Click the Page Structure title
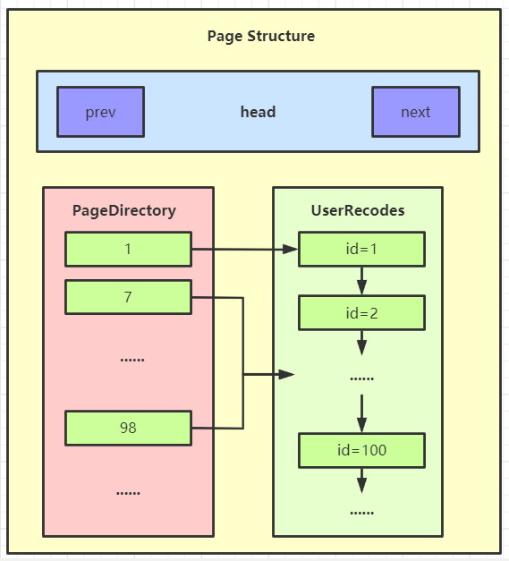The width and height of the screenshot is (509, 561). click(x=261, y=36)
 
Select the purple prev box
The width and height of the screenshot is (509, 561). click(x=100, y=112)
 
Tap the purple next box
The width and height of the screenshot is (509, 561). click(x=416, y=112)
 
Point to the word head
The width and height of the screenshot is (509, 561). click(x=258, y=112)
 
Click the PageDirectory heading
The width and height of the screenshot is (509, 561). click(x=124, y=211)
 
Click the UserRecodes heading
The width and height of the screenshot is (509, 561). click(x=358, y=210)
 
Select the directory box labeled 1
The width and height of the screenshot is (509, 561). click(x=128, y=249)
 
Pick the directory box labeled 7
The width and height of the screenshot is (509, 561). click(x=128, y=297)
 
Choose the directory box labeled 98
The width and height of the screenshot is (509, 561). click(x=128, y=428)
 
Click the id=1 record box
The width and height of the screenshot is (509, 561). click(x=361, y=249)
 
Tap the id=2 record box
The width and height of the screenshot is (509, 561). click(x=361, y=312)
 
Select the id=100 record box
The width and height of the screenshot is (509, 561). click(x=361, y=450)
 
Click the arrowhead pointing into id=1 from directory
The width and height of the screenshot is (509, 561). click(x=290, y=249)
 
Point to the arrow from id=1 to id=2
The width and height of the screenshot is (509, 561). click(x=361, y=281)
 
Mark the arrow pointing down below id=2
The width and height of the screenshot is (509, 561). click(x=361, y=343)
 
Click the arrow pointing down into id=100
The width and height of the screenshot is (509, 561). click(x=361, y=413)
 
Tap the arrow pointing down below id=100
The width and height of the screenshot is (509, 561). click(x=361, y=480)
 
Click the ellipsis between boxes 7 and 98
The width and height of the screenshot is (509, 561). click(x=132, y=360)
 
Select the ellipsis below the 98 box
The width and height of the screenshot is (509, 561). click(x=128, y=493)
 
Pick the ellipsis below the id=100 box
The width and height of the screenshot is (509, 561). click(x=361, y=513)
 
